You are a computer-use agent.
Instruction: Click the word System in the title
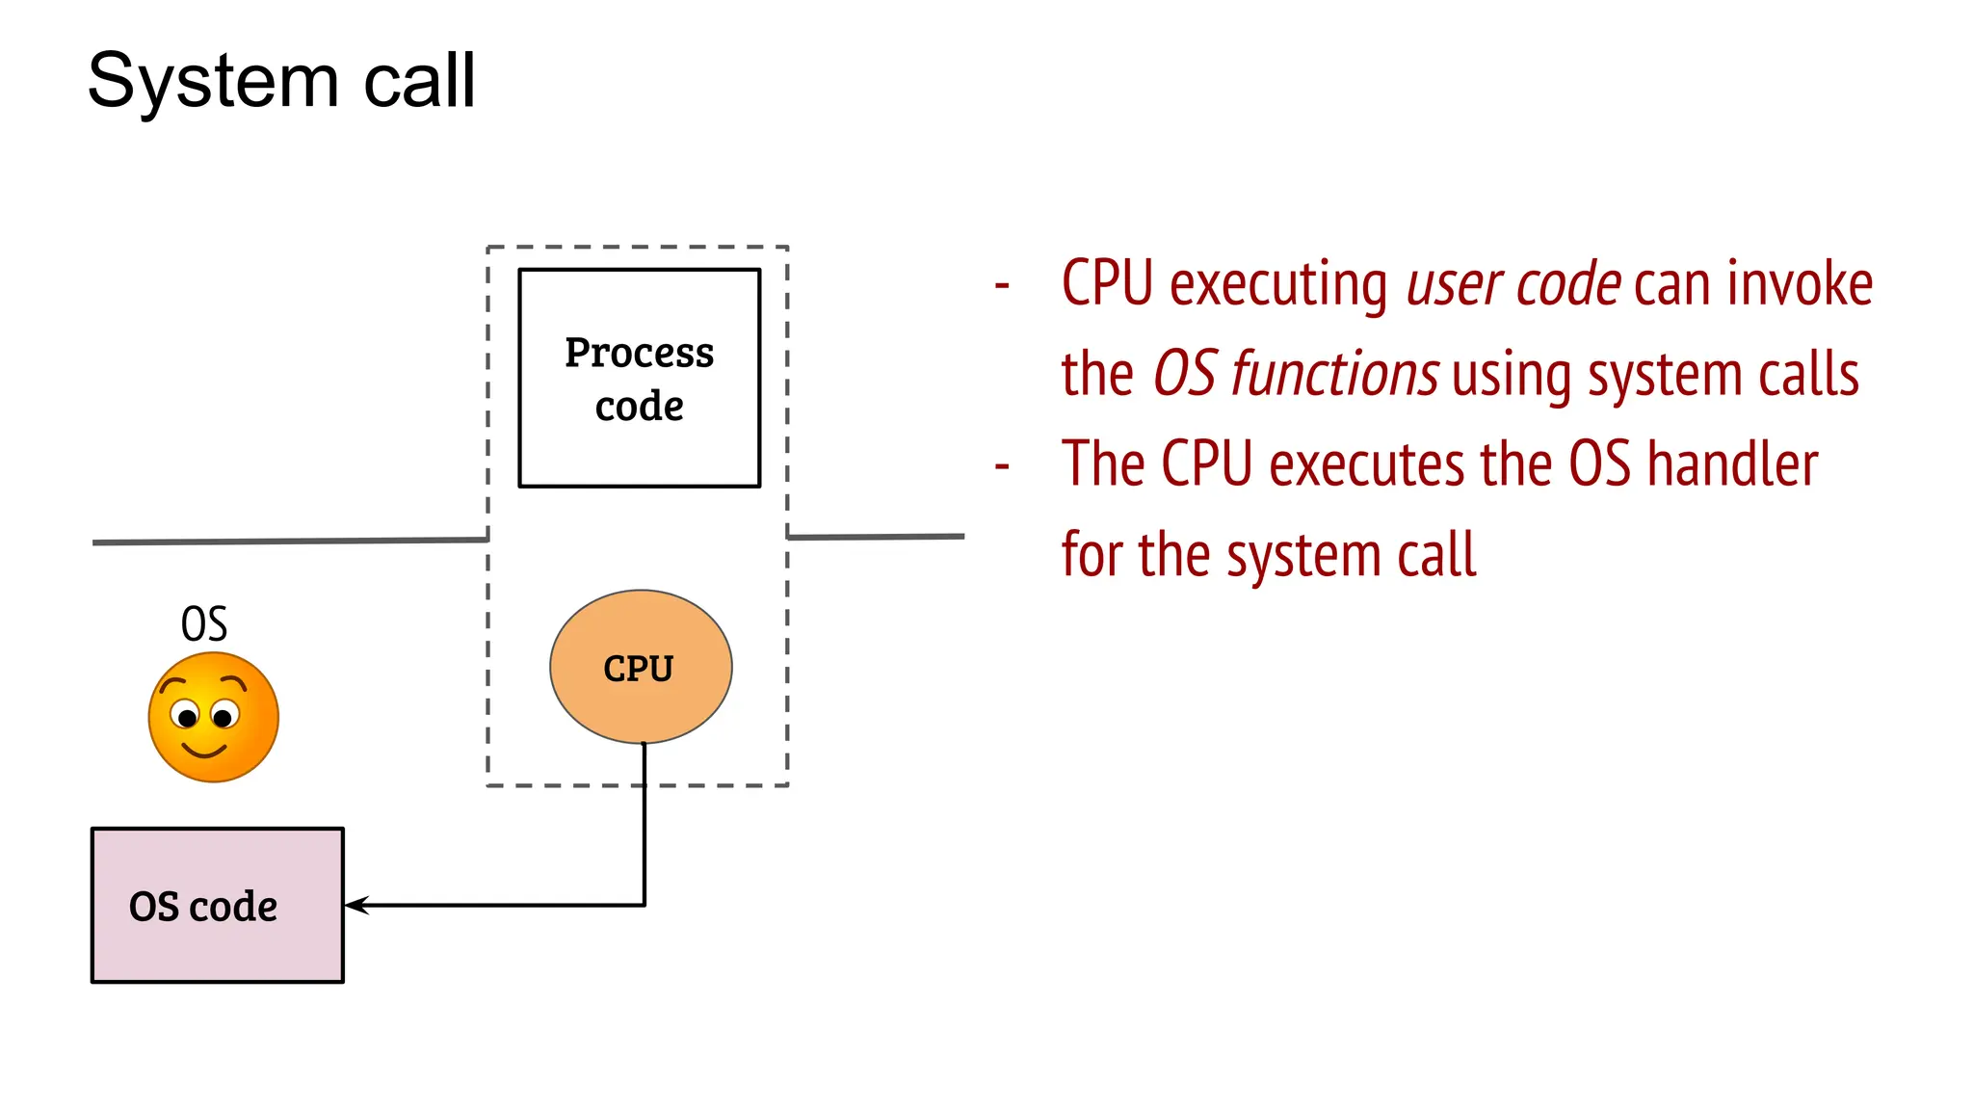(x=213, y=81)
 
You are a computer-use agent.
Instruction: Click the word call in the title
(x=419, y=81)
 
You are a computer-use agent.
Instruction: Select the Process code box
(x=639, y=378)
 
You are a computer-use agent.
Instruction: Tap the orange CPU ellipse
(x=641, y=667)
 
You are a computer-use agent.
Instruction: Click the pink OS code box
(x=217, y=905)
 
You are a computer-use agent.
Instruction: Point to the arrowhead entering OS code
(x=355, y=905)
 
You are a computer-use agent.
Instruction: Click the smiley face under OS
(x=214, y=717)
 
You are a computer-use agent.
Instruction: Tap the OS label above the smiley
(x=204, y=624)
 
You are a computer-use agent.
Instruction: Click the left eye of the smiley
(x=185, y=716)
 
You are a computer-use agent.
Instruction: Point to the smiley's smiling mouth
(x=204, y=751)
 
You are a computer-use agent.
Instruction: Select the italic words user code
(x=1513, y=284)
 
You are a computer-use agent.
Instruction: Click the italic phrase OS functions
(x=1296, y=375)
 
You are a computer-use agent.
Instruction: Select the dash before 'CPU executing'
(x=1002, y=285)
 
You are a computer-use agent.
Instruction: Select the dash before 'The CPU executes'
(x=1002, y=466)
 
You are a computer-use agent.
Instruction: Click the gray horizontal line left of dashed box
(x=289, y=542)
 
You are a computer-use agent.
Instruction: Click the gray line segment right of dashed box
(x=877, y=537)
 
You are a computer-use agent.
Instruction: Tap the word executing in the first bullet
(x=1278, y=284)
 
